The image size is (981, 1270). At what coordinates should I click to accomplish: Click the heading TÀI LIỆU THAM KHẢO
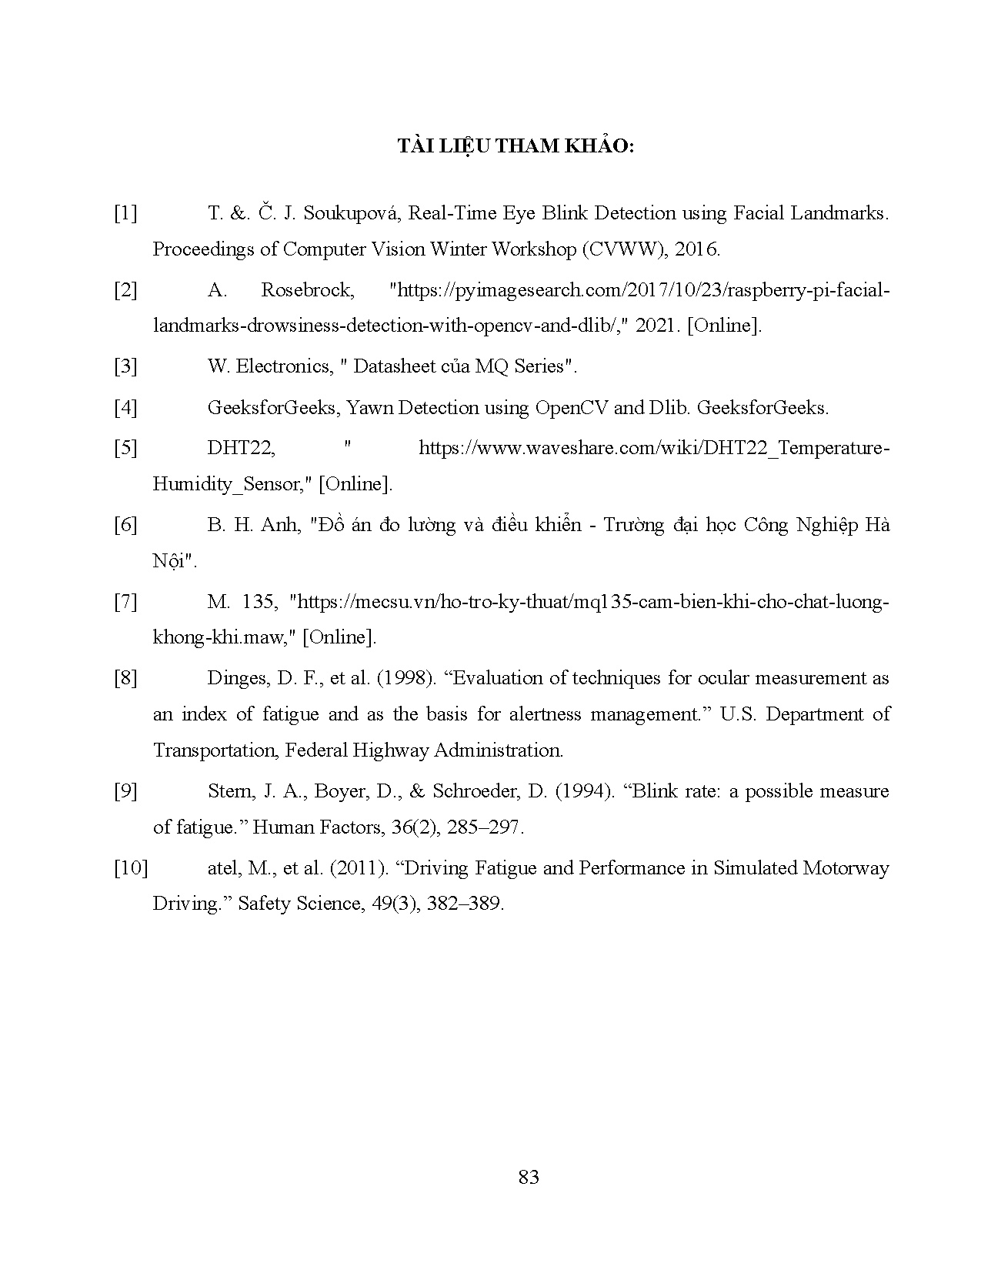click(x=515, y=146)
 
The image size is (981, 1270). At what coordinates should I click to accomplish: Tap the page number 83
click(x=529, y=1177)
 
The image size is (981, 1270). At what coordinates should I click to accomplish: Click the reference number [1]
click(x=125, y=213)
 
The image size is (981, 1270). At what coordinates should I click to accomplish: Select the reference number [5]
click(x=125, y=448)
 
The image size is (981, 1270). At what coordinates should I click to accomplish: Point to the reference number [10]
click(x=130, y=868)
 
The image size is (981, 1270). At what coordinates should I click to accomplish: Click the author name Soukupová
click(x=351, y=213)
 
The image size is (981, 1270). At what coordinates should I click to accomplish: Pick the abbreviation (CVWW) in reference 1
click(x=620, y=249)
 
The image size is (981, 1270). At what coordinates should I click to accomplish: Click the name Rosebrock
click(x=307, y=290)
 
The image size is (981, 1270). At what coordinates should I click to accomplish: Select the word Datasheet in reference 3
click(x=392, y=366)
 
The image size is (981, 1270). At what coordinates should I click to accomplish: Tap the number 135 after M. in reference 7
click(x=258, y=602)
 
